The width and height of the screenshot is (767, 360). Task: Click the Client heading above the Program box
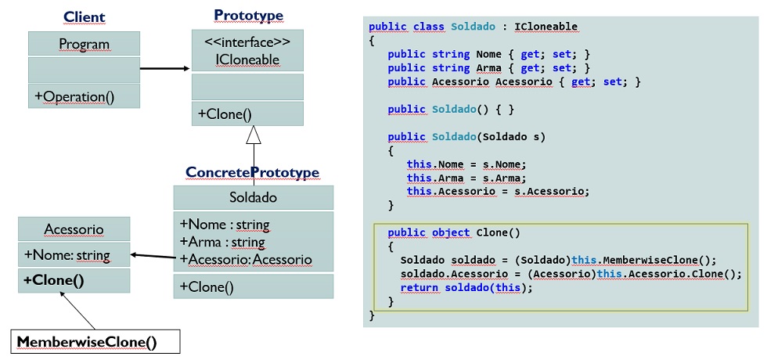pyautogui.click(x=85, y=17)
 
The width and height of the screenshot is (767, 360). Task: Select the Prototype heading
pyautogui.click(x=249, y=15)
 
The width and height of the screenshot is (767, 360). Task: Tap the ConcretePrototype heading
pyautogui.click(x=252, y=172)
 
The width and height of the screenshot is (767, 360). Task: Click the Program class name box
pyautogui.click(x=85, y=44)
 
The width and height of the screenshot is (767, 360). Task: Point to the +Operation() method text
pyautogui.click(x=74, y=96)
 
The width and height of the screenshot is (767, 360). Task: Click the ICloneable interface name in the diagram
pyautogui.click(x=247, y=59)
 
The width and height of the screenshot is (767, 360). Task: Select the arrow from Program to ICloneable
pyautogui.click(x=165, y=69)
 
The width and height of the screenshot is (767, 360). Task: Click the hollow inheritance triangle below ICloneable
pyautogui.click(x=254, y=135)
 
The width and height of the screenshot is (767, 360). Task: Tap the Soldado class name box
pyautogui.click(x=254, y=197)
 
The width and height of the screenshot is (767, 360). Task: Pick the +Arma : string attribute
pyautogui.click(x=222, y=242)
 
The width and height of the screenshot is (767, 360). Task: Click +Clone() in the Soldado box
pyautogui.click(x=207, y=286)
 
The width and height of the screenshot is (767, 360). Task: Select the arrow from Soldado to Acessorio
pyautogui.click(x=152, y=256)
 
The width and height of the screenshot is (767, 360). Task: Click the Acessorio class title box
pyautogui.click(x=74, y=229)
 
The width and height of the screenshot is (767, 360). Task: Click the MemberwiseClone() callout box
pyautogui.click(x=95, y=341)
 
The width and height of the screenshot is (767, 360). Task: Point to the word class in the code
pyautogui.click(x=429, y=26)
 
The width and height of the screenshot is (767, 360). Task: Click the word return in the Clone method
pyautogui.click(x=420, y=288)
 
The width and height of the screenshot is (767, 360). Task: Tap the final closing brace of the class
pyautogui.click(x=372, y=315)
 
